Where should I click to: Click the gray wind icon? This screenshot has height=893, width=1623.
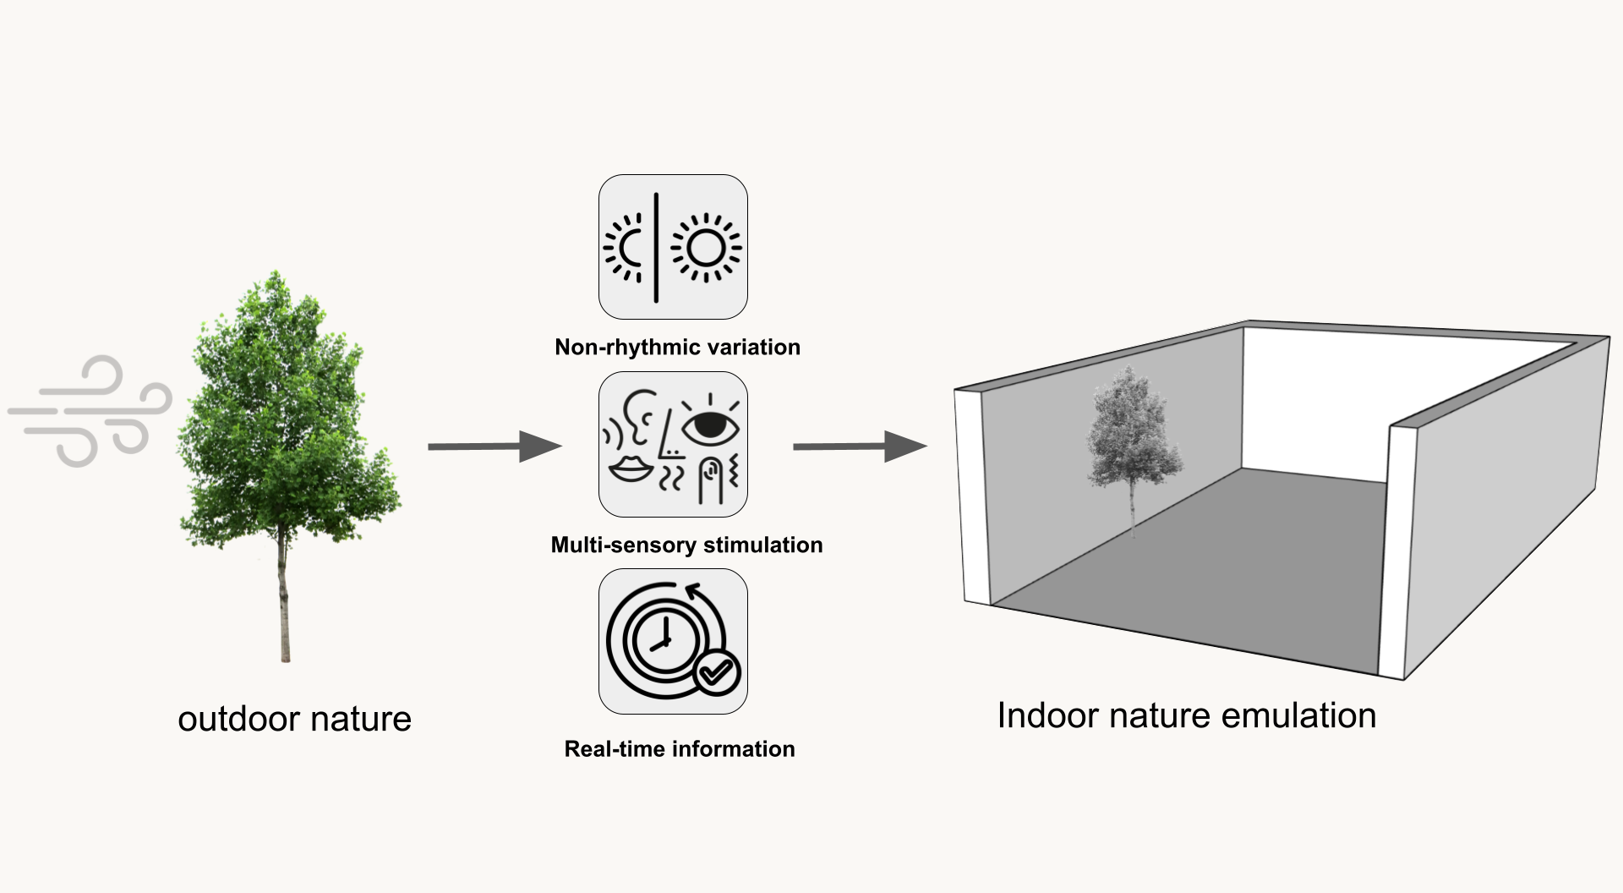click(90, 411)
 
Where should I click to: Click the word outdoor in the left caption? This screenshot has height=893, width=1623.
click(238, 719)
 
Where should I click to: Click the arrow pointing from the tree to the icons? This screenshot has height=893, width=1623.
click(495, 446)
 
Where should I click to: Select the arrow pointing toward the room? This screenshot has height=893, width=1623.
click(861, 446)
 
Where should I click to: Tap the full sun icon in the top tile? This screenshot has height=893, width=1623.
click(706, 248)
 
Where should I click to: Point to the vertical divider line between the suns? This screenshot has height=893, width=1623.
click(656, 247)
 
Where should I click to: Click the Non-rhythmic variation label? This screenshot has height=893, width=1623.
click(677, 347)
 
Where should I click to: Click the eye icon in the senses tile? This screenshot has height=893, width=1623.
click(710, 422)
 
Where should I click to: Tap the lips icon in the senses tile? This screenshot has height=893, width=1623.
click(631, 468)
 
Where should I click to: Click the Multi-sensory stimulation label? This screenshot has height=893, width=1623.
click(686, 545)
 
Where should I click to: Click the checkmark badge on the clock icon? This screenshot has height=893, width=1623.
click(717, 672)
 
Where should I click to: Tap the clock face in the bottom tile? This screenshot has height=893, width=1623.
click(664, 641)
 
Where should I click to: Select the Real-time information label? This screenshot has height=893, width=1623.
click(680, 748)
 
